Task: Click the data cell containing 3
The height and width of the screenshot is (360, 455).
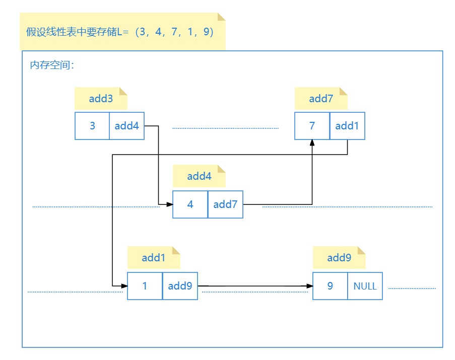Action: point(92,126)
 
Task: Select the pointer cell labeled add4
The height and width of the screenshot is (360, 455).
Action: point(126,126)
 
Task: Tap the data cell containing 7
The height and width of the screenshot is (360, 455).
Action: point(312,126)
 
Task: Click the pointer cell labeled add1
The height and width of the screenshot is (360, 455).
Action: point(347,126)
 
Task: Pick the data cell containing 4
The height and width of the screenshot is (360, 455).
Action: point(190,204)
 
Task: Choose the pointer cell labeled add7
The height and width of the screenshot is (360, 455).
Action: point(225,204)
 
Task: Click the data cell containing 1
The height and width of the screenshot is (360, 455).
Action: point(145,286)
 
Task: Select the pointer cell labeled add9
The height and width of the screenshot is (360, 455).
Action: point(180,286)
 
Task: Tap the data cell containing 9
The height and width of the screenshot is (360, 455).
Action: point(330,286)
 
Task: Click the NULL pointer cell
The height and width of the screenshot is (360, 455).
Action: point(365,286)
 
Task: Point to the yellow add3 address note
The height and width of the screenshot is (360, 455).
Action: point(101,99)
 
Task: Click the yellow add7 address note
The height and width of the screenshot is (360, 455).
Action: point(321,99)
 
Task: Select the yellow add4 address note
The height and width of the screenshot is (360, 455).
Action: point(199,176)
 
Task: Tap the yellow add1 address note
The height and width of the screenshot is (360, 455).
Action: point(154,258)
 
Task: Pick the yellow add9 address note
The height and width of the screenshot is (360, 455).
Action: point(339,258)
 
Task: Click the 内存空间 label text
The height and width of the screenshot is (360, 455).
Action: point(52,65)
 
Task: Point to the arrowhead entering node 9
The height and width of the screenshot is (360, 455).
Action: point(309,286)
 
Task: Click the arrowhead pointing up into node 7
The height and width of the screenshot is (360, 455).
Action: point(312,143)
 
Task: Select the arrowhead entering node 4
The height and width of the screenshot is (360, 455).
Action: point(170,204)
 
